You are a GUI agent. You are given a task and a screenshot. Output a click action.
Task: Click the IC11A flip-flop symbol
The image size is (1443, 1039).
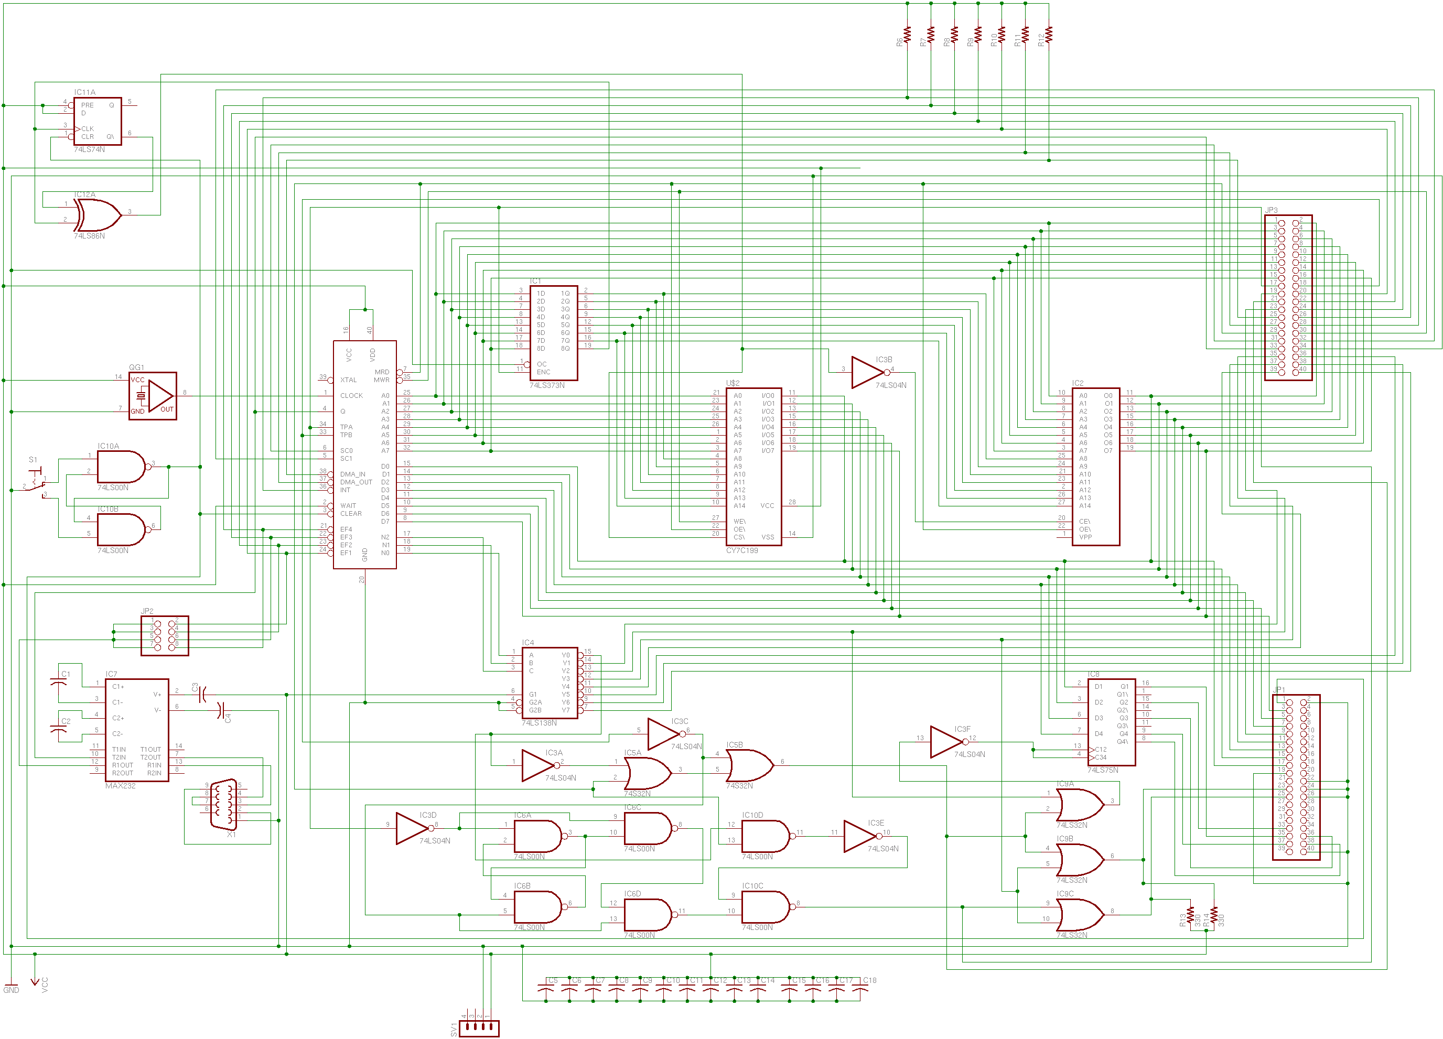98,121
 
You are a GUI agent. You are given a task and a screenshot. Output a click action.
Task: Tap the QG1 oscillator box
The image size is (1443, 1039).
153,396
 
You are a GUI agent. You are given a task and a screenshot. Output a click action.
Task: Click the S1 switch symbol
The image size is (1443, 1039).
37,482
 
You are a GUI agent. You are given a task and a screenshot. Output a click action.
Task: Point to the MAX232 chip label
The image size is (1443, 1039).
120,786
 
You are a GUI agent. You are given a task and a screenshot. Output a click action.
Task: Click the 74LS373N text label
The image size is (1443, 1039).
546,386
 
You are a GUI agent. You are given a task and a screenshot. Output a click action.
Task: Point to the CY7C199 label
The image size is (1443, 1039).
742,550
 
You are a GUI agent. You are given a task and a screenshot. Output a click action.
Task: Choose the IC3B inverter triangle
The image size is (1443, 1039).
868,372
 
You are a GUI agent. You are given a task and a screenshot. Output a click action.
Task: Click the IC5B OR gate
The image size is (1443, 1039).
749,765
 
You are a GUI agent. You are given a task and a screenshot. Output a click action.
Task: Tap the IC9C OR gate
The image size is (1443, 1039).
1080,915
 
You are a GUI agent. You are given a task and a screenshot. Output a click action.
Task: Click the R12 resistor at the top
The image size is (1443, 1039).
1049,35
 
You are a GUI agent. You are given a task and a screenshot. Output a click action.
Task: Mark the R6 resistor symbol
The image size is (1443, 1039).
907,35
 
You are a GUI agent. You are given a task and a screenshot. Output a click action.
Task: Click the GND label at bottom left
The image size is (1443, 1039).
12,990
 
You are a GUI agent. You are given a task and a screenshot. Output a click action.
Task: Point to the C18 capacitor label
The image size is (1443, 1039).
869,980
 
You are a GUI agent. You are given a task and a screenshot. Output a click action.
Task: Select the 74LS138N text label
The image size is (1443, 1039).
539,723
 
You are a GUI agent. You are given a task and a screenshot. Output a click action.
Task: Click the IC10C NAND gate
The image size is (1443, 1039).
764,907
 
